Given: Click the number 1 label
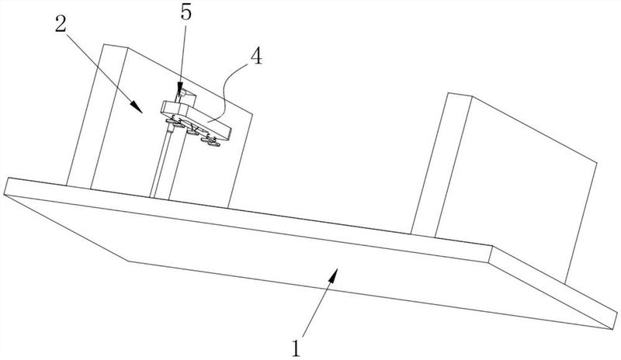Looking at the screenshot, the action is click(296, 348).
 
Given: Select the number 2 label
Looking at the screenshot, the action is click(61, 26).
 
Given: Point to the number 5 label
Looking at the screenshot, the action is click(186, 12).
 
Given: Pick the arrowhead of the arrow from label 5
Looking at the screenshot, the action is click(180, 89).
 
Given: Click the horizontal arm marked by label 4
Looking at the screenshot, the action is click(196, 119).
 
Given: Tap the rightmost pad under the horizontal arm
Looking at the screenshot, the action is click(213, 144).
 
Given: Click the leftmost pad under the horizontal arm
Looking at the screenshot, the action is click(171, 122).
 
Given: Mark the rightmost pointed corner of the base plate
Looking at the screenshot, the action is click(610, 328).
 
